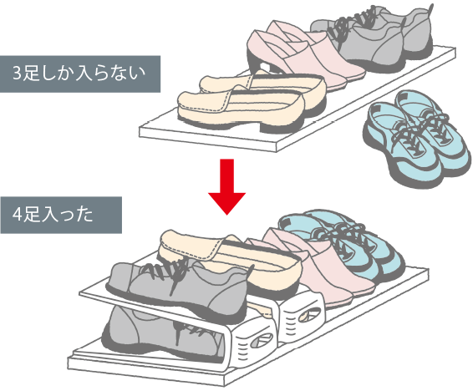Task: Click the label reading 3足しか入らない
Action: [79, 74]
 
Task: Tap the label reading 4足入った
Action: [53, 215]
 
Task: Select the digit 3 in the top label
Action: [18, 74]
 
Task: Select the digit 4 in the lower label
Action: [17, 215]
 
